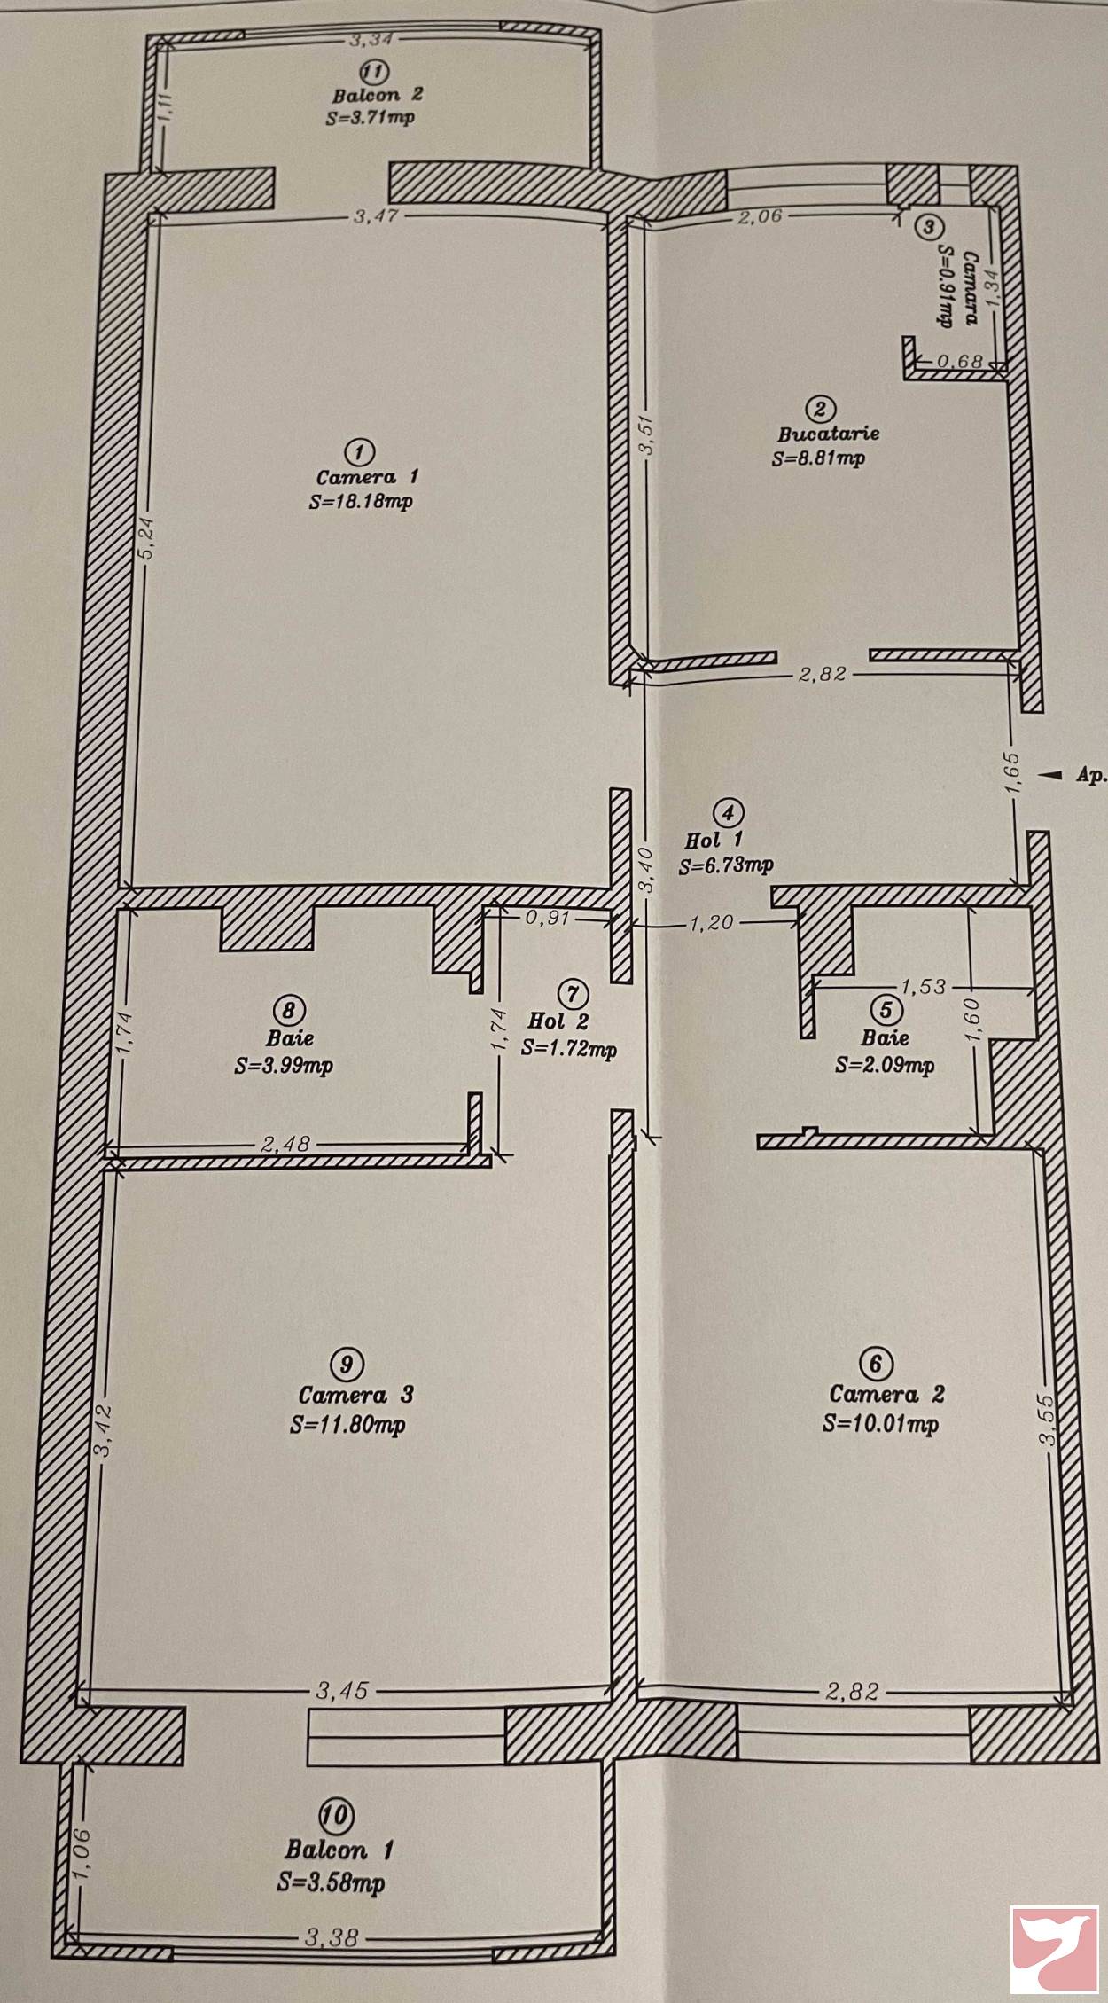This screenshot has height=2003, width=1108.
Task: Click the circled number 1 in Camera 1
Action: pyautogui.click(x=358, y=451)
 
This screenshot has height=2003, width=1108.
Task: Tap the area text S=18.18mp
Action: pyautogui.click(x=361, y=501)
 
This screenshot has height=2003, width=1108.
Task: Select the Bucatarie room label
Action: pyautogui.click(x=828, y=434)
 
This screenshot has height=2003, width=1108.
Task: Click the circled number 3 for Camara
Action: pyautogui.click(x=928, y=226)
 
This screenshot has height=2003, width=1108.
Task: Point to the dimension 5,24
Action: pyautogui.click(x=148, y=537)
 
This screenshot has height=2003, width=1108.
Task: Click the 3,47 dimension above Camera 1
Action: pyautogui.click(x=374, y=215)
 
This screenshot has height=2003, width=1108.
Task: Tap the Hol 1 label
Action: pyautogui.click(x=714, y=839)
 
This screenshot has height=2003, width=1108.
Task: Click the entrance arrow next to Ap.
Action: pyautogui.click(x=1050, y=775)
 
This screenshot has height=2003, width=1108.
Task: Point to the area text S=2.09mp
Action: pyautogui.click(x=884, y=1065)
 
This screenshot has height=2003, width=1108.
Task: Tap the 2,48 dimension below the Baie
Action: pyautogui.click(x=285, y=1145)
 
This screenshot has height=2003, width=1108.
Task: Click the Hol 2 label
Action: pyautogui.click(x=558, y=1021)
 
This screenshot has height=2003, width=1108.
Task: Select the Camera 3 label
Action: pyautogui.click(x=355, y=1395)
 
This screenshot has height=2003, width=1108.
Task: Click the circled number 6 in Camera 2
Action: pyautogui.click(x=876, y=1363)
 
